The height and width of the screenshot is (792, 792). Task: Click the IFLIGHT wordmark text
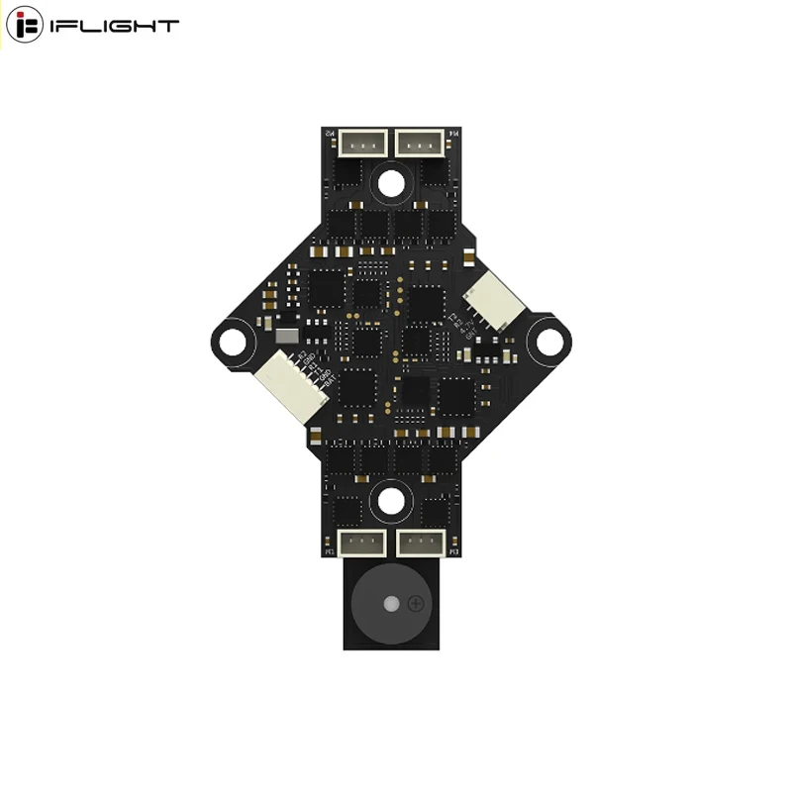point(115,26)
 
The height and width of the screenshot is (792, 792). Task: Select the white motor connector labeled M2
point(363,145)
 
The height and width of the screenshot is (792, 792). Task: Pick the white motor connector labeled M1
point(363,542)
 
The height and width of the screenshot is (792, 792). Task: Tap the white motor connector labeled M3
point(422,542)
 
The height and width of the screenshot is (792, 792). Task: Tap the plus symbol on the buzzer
point(416,603)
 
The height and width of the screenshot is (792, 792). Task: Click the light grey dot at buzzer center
point(392,603)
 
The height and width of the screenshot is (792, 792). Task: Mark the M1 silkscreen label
point(331,551)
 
